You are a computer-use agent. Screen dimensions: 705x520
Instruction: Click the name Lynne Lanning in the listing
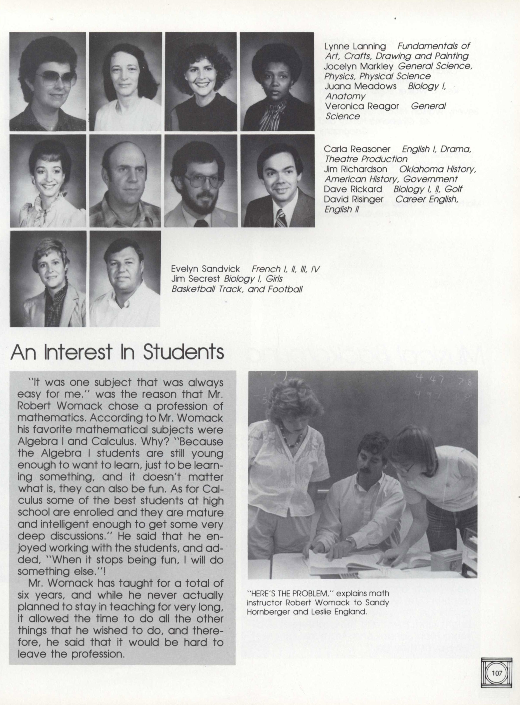coord(355,46)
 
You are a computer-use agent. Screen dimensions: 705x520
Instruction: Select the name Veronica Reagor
coord(362,106)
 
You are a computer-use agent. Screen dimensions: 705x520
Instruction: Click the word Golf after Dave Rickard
coord(454,189)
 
